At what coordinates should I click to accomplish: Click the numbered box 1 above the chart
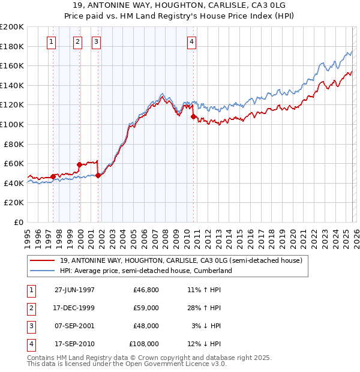coord(52,41)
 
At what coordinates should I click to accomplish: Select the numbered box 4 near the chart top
coord(191,41)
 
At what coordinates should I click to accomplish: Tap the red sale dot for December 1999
coord(79,164)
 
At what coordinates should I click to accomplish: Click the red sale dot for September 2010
coord(193,116)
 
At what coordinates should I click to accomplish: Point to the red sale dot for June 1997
coord(53,176)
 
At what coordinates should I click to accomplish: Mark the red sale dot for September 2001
coord(98,175)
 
